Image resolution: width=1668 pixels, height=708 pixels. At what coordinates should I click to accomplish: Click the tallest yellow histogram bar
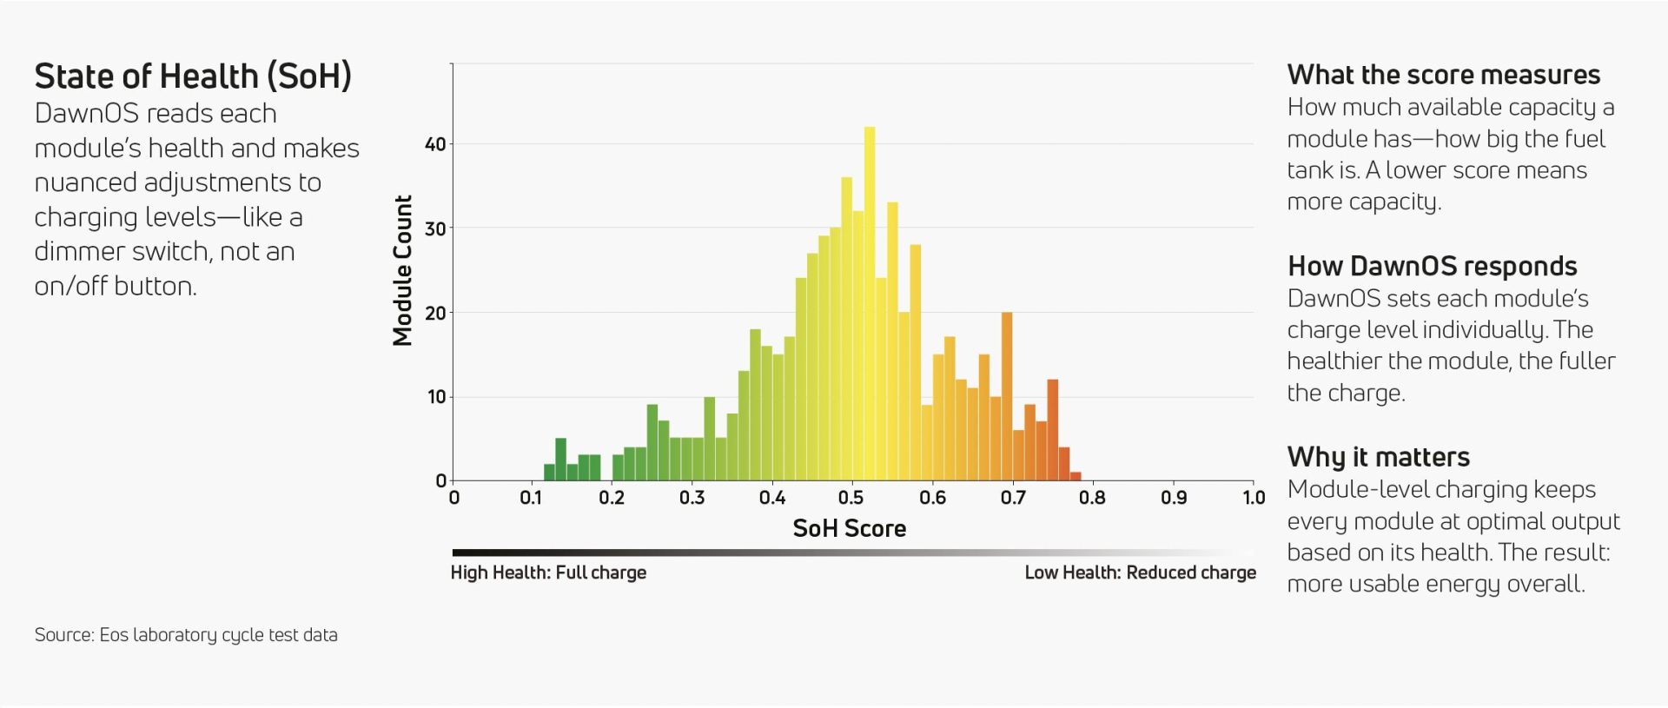[870, 304]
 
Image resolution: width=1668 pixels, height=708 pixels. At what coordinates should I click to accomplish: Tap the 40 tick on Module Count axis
[435, 144]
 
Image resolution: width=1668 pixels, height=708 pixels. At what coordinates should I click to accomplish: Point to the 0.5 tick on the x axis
[851, 498]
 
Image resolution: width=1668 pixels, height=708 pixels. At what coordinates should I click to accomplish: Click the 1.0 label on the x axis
[1254, 498]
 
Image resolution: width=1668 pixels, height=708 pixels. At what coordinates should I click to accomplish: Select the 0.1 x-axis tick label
[530, 498]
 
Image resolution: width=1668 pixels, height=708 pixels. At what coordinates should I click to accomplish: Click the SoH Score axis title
[849, 528]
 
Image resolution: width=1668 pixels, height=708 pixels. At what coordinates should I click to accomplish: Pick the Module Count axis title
[402, 270]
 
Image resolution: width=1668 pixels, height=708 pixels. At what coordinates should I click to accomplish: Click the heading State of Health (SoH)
[193, 76]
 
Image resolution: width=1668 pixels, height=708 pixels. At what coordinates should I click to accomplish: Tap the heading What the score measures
[1443, 75]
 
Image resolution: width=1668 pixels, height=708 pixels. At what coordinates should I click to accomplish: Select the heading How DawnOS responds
[1432, 266]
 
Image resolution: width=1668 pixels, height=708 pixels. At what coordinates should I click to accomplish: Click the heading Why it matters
[1378, 457]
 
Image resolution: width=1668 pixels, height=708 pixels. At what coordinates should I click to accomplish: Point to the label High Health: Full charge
[548, 572]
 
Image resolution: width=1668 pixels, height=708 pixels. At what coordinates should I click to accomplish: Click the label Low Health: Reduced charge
[1140, 572]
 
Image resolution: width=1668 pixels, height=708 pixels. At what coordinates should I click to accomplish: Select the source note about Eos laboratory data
[186, 635]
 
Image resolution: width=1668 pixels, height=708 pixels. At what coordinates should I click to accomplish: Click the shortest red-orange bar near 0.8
[1076, 476]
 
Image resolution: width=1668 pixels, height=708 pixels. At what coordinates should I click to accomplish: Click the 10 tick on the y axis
[436, 397]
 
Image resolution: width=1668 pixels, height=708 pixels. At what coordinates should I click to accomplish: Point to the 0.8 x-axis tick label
[1092, 498]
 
